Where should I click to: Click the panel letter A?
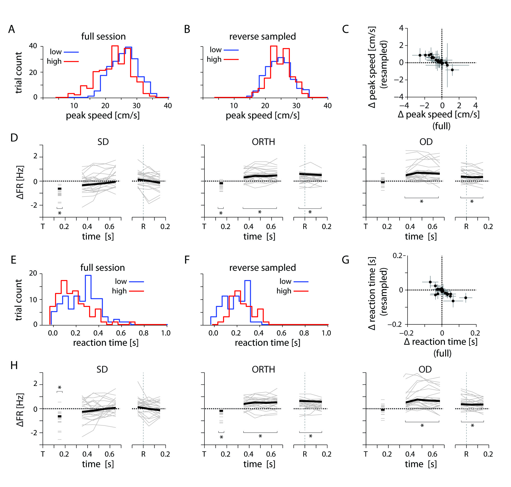(x=12, y=29)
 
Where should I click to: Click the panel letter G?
(x=345, y=260)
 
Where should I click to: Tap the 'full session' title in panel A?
(x=103, y=36)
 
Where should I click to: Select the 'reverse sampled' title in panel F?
(x=262, y=267)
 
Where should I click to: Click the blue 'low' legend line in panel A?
(x=71, y=52)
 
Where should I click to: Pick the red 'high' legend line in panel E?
(x=136, y=291)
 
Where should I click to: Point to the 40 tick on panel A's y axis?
(x=33, y=46)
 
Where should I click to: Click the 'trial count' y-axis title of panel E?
(x=18, y=300)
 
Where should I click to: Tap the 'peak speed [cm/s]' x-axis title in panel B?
(x=262, y=115)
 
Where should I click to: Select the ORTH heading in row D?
(x=263, y=142)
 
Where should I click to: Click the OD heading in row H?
(x=425, y=369)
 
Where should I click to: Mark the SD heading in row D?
(x=103, y=142)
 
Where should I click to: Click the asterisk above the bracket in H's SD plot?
(x=60, y=388)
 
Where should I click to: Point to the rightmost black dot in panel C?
(x=452, y=70)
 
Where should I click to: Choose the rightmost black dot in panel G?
(x=466, y=298)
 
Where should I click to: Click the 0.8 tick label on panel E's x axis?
(x=144, y=333)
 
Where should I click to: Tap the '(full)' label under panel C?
(x=441, y=126)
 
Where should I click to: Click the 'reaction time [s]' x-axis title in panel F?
(x=267, y=343)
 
